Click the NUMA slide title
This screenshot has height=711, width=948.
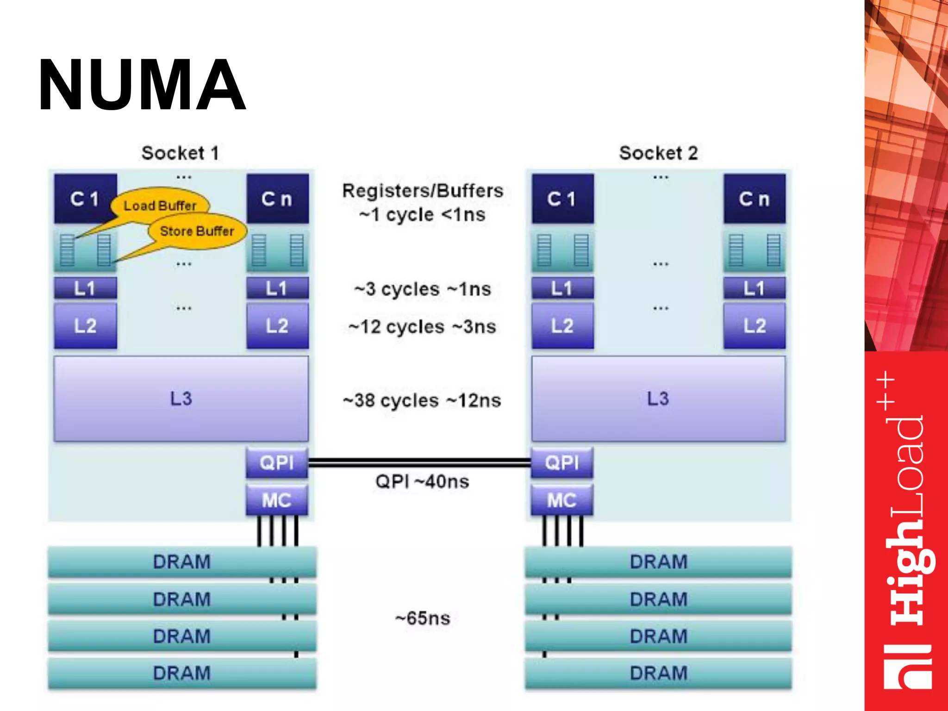click(x=142, y=85)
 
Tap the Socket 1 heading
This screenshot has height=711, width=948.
click(x=180, y=153)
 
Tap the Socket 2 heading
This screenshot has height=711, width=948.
click(x=658, y=153)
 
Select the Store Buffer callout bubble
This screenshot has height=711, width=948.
click(x=197, y=231)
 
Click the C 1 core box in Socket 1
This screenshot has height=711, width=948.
click(x=85, y=199)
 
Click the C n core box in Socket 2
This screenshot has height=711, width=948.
click(x=755, y=199)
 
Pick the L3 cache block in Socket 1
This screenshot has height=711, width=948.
click(x=181, y=399)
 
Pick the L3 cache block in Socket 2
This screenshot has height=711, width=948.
click(x=658, y=399)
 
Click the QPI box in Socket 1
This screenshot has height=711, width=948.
click(x=277, y=462)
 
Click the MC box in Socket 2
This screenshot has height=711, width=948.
click(x=562, y=500)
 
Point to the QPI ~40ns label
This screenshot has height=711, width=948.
click(x=422, y=482)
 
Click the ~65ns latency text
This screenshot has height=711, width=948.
click(x=422, y=618)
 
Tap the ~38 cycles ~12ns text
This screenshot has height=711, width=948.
click(x=422, y=400)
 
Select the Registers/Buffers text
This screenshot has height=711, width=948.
click(x=422, y=191)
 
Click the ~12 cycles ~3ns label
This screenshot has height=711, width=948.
click(x=422, y=327)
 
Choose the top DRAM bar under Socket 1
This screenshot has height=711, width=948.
click(x=182, y=561)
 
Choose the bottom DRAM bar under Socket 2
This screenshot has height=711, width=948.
click(x=658, y=673)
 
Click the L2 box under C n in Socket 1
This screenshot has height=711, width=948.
click(x=277, y=325)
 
